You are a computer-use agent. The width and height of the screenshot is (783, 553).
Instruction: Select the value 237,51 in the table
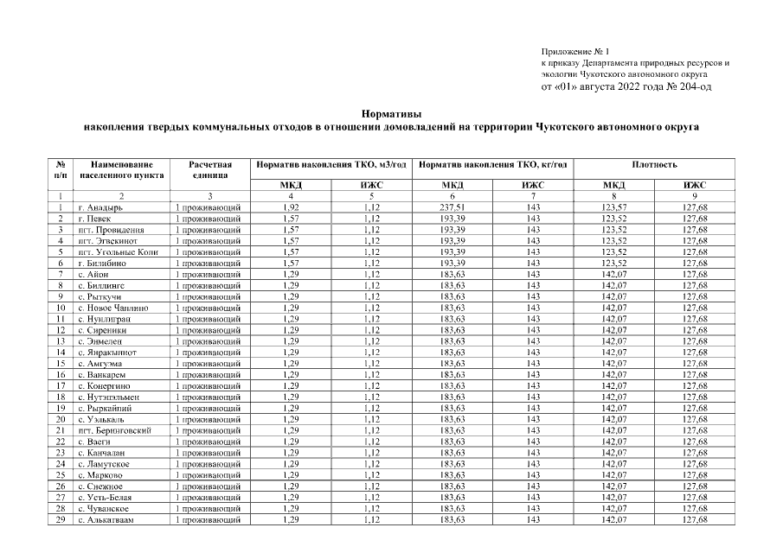[x=452, y=208]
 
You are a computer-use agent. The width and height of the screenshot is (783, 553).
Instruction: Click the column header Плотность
[x=654, y=164]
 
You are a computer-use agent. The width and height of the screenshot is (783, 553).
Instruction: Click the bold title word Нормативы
[x=391, y=113]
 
